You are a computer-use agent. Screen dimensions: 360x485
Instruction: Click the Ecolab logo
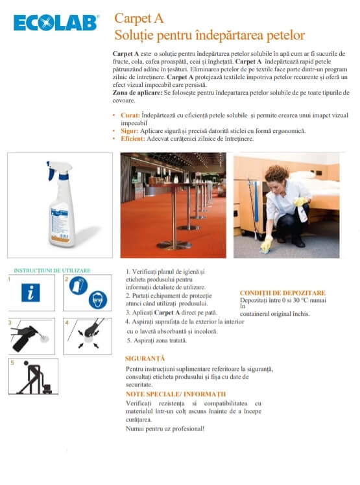(x=56, y=23)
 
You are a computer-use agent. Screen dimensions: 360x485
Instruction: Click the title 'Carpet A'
(x=139, y=19)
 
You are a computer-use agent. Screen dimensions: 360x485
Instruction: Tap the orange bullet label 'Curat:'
(x=130, y=115)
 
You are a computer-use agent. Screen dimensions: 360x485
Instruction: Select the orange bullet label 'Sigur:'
(x=129, y=131)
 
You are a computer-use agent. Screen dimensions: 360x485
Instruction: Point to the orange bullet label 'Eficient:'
(x=133, y=139)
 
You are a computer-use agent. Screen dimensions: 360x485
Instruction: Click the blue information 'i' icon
(x=30, y=292)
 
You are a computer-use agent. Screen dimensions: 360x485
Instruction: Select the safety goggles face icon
(x=98, y=300)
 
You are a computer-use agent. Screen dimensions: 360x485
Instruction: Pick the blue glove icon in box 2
(x=78, y=285)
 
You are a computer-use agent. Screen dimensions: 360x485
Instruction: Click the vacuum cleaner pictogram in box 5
(x=34, y=377)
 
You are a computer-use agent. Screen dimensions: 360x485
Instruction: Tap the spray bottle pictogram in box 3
(x=27, y=337)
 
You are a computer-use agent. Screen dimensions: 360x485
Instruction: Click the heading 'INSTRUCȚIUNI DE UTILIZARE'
(x=52, y=270)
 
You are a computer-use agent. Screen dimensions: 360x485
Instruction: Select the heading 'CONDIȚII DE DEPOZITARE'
(x=283, y=293)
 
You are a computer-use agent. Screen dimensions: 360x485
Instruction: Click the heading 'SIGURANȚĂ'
(x=145, y=359)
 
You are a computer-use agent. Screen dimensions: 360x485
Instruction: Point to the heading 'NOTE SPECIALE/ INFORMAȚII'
(x=176, y=394)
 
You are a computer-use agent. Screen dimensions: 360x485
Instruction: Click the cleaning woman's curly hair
(x=276, y=174)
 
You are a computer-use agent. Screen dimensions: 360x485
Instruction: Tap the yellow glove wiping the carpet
(x=266, y=245)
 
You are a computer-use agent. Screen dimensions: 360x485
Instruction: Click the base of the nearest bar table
(x=174, y=245)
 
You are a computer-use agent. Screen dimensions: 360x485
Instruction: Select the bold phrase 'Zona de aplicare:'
(x=137, y=93)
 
